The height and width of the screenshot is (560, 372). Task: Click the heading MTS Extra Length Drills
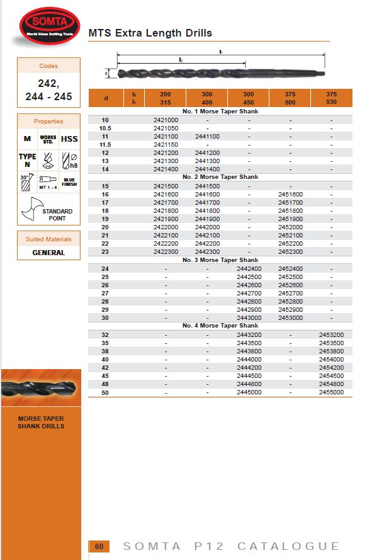pos(150,33)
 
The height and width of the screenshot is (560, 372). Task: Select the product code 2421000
pos(166,120)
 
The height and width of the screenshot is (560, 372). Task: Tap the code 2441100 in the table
pos(207,136)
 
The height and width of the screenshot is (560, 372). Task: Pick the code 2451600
pos(290,194)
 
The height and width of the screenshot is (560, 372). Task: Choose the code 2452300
pos(290,251)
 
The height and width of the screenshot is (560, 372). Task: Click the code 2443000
pos(249,317)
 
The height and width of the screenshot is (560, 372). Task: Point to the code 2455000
pos(331,392)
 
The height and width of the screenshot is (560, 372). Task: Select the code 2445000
pos(249,392)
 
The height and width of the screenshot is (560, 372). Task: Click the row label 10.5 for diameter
pos(106,128)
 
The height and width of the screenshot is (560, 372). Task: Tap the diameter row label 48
pos(106,384)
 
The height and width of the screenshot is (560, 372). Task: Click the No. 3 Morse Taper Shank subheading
pos(220,260)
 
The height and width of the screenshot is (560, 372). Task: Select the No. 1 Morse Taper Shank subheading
pos(220,111)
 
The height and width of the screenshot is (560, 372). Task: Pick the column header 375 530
pos(331,98)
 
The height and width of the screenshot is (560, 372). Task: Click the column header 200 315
pos(166,98)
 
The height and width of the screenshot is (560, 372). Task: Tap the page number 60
pos(99,546)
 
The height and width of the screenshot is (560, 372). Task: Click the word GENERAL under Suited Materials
pos(48,253)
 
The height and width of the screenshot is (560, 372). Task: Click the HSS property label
pos(69,139)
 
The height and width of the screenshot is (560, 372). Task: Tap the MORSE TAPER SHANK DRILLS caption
pos(41,422)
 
